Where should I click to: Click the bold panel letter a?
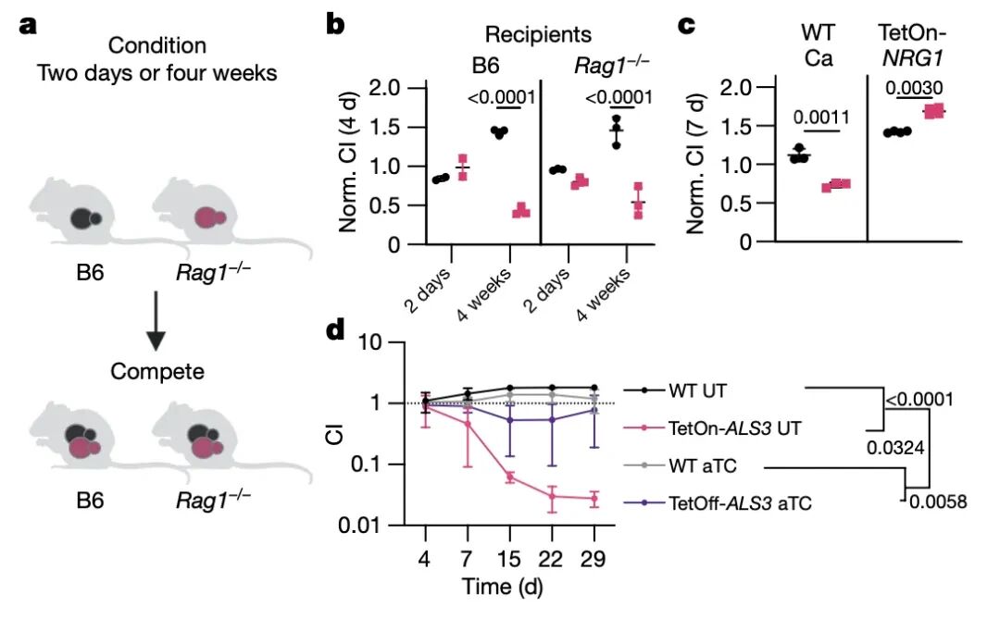28,25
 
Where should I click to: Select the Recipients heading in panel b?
540,35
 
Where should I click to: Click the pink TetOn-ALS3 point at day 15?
509,477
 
